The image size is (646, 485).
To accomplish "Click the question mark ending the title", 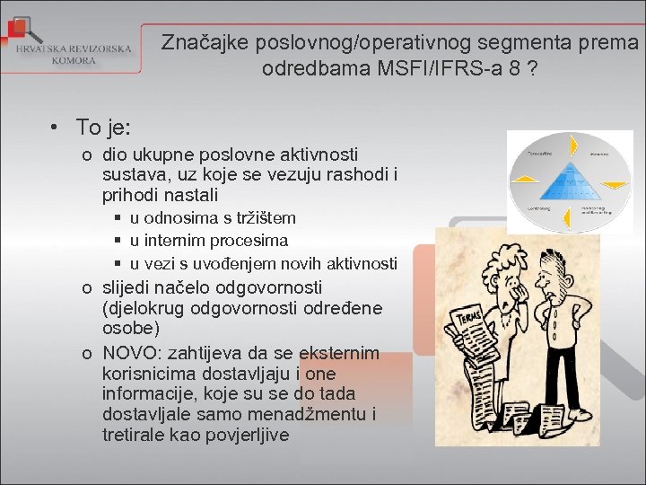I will click(x=533, y=68).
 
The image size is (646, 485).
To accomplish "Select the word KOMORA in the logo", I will click(x=74, y=60).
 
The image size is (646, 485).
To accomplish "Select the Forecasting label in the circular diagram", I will click(x=539, y=153).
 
